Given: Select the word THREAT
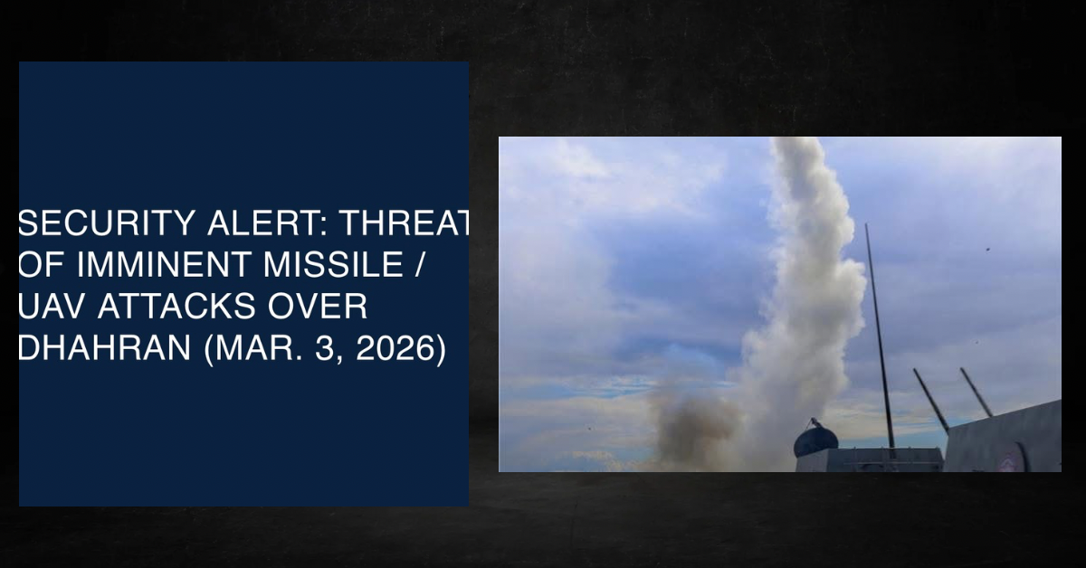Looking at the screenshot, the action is coord(405,222).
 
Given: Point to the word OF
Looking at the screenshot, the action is coord(42,265).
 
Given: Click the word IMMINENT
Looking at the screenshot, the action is coord(164,265).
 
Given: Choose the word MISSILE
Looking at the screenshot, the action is coord(333,265).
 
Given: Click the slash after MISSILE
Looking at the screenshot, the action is coord(419,265).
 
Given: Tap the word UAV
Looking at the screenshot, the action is coord(52,307).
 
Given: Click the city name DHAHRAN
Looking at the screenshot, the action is coord(104,348).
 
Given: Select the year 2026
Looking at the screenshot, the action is coord(396,348).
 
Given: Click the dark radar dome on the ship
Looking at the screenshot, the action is coord(815,439).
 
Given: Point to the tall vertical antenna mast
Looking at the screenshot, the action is coord(880,339).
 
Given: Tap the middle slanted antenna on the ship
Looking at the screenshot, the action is coord(931,400).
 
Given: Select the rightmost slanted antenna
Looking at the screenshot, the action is coord(976,392).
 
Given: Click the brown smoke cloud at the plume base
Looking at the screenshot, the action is coord(693,427).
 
